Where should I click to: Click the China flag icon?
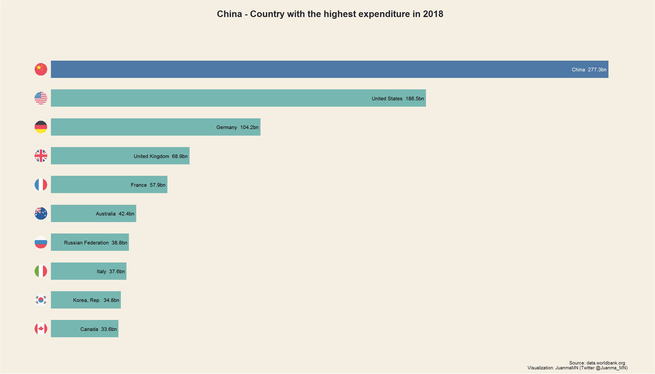pos(41,69)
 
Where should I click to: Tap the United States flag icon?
pos(41,98)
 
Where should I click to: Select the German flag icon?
pos(41,127)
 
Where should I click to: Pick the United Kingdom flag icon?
pos(41,156)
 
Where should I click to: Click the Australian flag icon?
pos(41,214)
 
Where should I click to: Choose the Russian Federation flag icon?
pos(41,242)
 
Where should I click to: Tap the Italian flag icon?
pos(41,271)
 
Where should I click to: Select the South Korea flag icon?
pos(41,300)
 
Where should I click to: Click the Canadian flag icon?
pos(41,329)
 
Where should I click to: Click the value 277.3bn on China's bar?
pos(597,70)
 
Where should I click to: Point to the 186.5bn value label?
pos(415,99)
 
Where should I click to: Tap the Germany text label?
pos(226,127)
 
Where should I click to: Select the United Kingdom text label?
pos(151,156)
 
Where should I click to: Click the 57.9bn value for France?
pos(158,185)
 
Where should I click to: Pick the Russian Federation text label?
pos(86,243)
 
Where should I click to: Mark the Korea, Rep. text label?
pos(87,300)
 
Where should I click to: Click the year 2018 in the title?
pos(433,14)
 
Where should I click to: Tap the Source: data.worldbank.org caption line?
pos(597,363)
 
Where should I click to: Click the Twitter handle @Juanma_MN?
pos(611,368)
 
